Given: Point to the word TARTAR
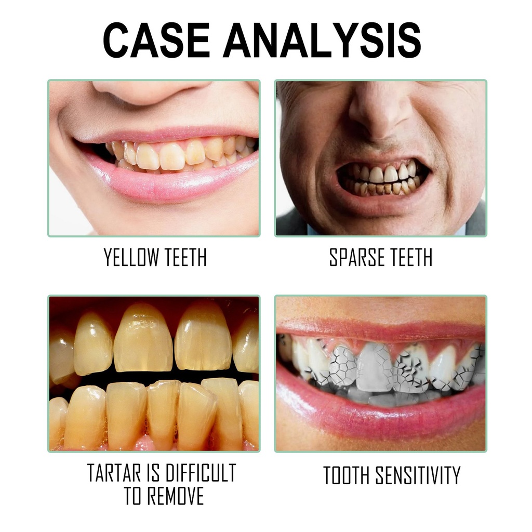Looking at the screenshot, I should (113, 473).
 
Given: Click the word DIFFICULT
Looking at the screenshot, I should (199, 473).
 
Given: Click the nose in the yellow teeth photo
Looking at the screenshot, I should (151, 91).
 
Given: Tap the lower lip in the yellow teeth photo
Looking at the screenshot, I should (171, 182).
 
